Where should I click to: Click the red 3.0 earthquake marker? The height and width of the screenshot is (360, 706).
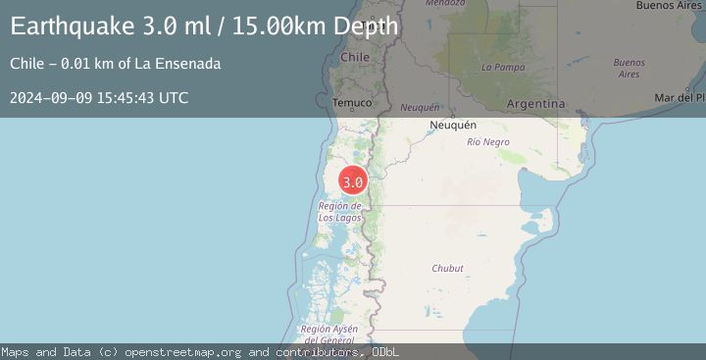(353, 181)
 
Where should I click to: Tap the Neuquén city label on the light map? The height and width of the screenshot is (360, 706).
(453, 126)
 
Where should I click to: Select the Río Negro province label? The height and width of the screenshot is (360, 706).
(488, 142)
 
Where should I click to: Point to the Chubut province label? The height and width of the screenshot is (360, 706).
(447, 268)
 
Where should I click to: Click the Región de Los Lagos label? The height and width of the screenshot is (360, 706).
(340, 212)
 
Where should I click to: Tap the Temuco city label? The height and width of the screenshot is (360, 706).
(352, 102)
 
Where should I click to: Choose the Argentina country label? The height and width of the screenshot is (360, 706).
(535, 103)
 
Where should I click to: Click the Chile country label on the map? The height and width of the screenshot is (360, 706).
(354, 58)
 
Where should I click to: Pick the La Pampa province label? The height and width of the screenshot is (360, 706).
(500, 67)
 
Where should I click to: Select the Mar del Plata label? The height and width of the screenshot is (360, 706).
(680, 98)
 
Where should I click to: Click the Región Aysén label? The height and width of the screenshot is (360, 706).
(328, 334)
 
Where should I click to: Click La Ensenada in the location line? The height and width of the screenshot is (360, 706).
(178, 64)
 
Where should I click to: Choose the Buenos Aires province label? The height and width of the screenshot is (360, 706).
(629, 68)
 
